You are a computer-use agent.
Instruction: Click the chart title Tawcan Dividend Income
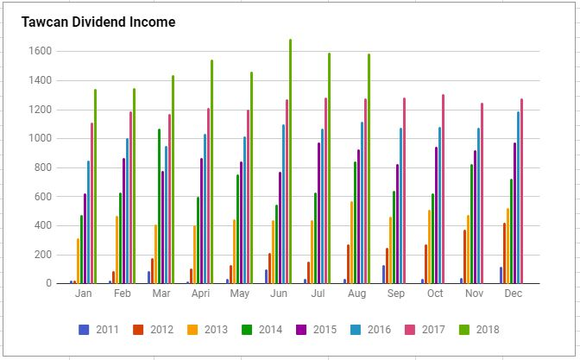[x=98, y=22]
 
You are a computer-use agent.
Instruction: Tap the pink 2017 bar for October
[x=443, y=189]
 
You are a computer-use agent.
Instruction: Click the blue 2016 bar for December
[x=519, y=198]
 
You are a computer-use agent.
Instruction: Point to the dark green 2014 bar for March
[x=159, y=206]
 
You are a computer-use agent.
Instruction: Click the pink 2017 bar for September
[x=404, y=191]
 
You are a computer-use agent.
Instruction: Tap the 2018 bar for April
[x=211, y=172]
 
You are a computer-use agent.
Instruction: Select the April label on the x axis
[x=200, y=294]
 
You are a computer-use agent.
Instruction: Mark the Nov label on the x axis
[x=474, y=294]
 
